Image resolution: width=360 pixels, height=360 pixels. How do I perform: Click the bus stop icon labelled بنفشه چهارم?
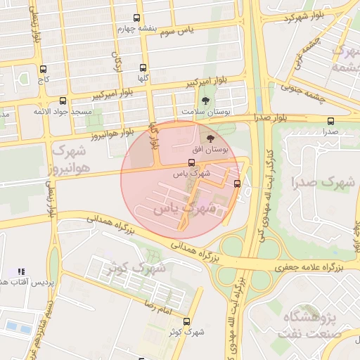click(136, 18)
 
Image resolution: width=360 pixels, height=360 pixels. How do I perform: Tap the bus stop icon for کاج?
click(44, 69)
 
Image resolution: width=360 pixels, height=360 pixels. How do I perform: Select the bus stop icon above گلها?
click(143, 68)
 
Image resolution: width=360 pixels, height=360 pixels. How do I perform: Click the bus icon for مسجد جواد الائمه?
click(63, 101)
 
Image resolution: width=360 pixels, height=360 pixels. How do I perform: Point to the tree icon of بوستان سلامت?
click(205, 101)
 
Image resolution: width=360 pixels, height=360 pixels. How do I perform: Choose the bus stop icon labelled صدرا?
click(331, 121)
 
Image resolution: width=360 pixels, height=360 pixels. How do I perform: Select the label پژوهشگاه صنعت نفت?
click(313, 326)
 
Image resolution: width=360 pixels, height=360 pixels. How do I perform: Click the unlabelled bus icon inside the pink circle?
click(237, 184)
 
